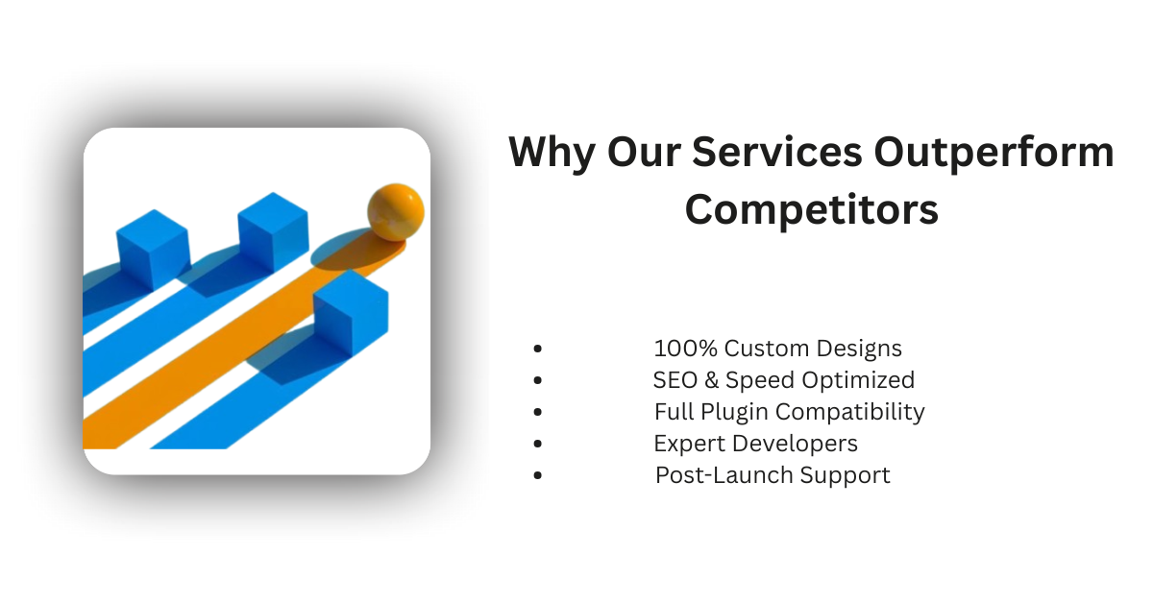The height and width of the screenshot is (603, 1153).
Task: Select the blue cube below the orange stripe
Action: click(x=350, y=309)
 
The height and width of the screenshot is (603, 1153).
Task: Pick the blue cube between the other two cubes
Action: click(x=272, y=231)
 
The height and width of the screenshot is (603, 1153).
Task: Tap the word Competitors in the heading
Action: click(x=811, y=209)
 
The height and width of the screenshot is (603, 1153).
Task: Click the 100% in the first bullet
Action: click(x=685, y=348)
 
